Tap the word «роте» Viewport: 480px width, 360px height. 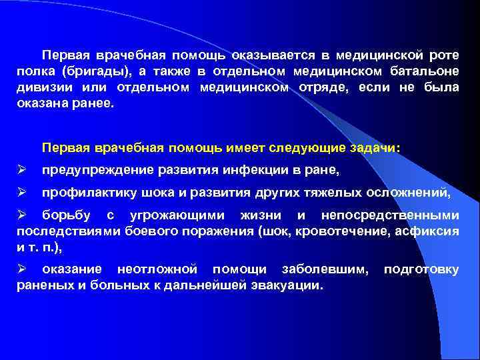point(443,54)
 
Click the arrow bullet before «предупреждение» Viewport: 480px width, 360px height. point(21,171)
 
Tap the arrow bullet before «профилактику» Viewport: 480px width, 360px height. point(21,193)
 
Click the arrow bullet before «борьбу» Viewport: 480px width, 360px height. point(21,215)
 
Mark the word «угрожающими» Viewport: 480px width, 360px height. point(181,215)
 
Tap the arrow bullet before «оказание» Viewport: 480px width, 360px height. point(21,269)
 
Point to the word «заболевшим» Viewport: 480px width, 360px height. point(325,269)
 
